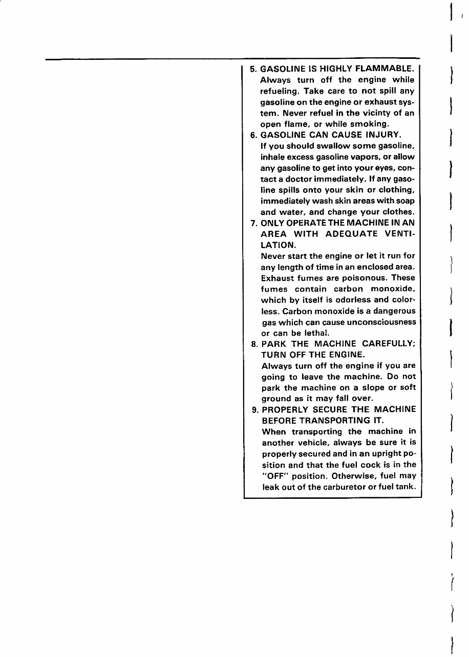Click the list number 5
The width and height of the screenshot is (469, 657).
point(252,69)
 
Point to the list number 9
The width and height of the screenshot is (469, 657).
point(254,409)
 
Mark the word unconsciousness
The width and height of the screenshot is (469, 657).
point(379,322)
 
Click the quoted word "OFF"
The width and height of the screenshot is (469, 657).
point(273,476)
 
